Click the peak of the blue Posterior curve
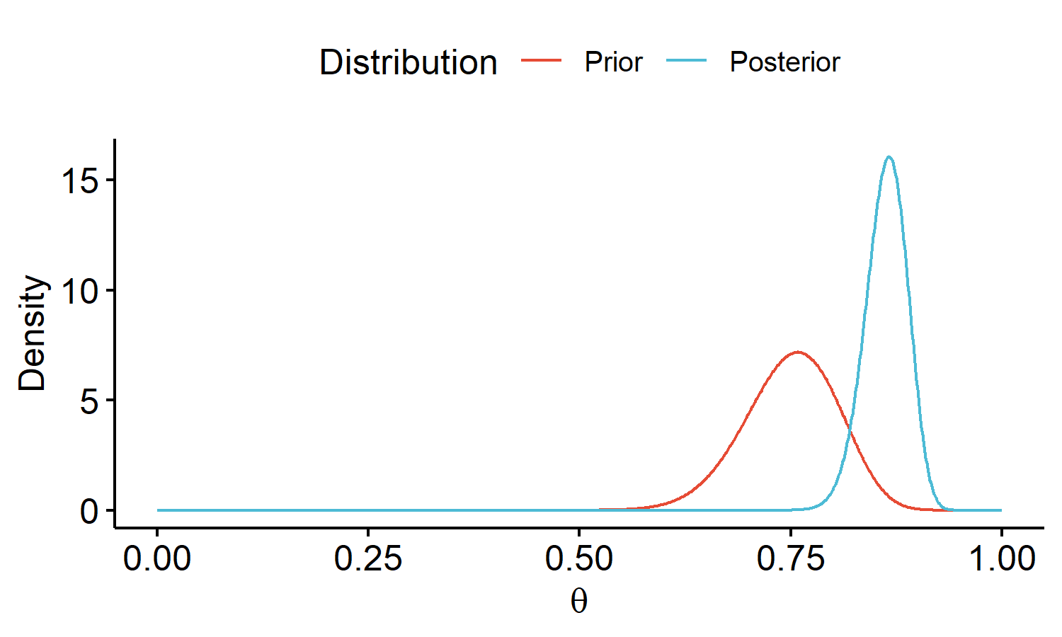tap(889, 157)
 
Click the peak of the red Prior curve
tap(799, 352)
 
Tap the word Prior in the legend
tap(613, 62)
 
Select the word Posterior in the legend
tap(784, 62)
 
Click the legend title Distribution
tap(408, 62)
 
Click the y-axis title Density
tap(33, 333)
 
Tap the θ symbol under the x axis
tap(578, 602)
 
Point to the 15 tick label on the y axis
tap(79, 181)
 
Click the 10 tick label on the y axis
tap(79, 291)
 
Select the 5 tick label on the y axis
tap(89, 401)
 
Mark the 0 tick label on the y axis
tap(89, 511)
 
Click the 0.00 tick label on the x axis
tap(157, 559)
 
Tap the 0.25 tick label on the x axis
tap(368, 559)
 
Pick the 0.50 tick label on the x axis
tap(578, 559)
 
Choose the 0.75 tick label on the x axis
tap(790, 559)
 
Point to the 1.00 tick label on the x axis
tap(1001, 559)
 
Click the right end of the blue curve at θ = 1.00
tap(1000, 510)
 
